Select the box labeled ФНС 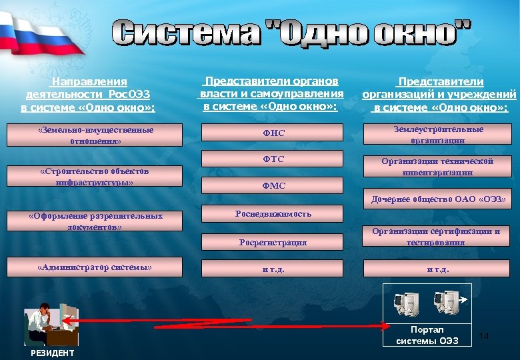coord(273,134)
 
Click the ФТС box coord(273,159)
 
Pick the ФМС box coord(273,186)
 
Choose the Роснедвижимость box coord(273,214)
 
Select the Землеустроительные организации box coord(438,135)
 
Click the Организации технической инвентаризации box coord(438,167)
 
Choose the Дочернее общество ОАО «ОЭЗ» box coord(438,199)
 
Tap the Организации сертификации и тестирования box coord(438,237)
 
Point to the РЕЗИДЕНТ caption coord(52,353)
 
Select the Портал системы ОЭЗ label coord(427,335)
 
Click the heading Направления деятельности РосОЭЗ coord(87,94)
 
